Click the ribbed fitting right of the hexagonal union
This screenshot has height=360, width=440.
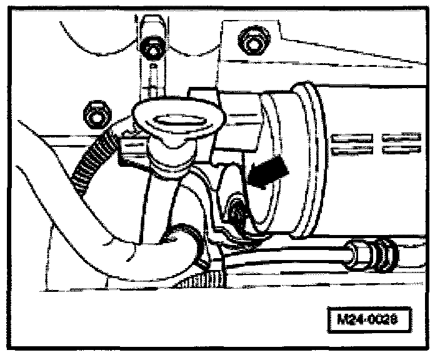click(x=385, y=254)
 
